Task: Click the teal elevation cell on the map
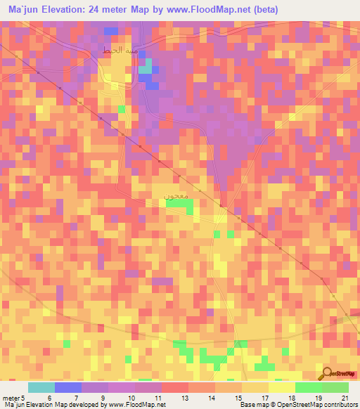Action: pyautogui.click(x=145, y=67)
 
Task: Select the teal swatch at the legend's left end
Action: pyautogui.click(x=41, y=387)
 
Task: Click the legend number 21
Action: pyautogui.click(x=345, y=398)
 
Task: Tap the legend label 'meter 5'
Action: pyautogui.click(x=15, y=398)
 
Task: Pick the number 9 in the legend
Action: pyautogui.click(x=103, y=398)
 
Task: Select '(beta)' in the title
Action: pyautogui.click(x=264, y=10)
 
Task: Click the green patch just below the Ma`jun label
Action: pyautogui.click(x=180, y=204)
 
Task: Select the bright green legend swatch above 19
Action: pyautogui.click(x=308, y=387)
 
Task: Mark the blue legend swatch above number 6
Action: pyautogui.click(x=67, y=387)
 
